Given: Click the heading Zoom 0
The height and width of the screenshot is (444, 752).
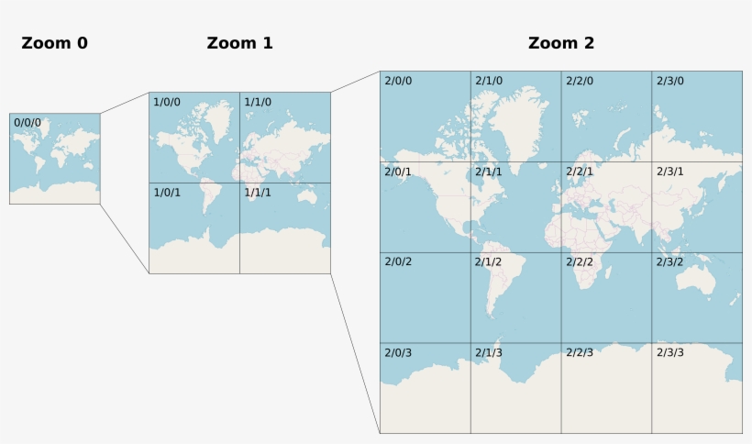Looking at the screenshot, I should point(55,43).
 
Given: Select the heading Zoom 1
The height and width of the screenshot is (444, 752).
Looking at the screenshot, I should point(239,43).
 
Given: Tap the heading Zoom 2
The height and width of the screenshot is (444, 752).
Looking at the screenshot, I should point(561,43).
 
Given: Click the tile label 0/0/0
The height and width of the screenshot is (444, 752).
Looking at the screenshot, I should point(28,122).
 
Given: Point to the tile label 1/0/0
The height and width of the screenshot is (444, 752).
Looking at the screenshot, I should point(167,102).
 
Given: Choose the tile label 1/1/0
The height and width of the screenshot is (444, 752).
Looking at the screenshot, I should point(258,102).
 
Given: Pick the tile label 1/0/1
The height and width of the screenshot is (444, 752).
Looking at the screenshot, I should point(167,193).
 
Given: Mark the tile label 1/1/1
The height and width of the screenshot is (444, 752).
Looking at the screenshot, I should point(258,193).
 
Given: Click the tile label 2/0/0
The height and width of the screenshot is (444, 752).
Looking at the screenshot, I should point(398,81).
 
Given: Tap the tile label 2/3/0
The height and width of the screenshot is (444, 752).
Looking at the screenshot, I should point(670,81).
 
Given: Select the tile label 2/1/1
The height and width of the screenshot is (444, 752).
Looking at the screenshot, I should point(489,172).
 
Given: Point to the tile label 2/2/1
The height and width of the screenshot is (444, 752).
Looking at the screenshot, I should point(580,172).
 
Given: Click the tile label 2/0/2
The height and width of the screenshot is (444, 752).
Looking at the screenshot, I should point(398,262).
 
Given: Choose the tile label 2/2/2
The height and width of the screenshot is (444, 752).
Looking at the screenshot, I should point(580,262).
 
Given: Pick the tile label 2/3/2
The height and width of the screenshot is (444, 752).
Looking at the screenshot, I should point(670,262).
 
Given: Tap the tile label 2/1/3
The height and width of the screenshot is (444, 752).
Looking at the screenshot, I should point(489,353).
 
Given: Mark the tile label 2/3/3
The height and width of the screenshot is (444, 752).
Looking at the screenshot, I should point(670,353).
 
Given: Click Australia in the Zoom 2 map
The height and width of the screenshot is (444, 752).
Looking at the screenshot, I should point(702,276).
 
